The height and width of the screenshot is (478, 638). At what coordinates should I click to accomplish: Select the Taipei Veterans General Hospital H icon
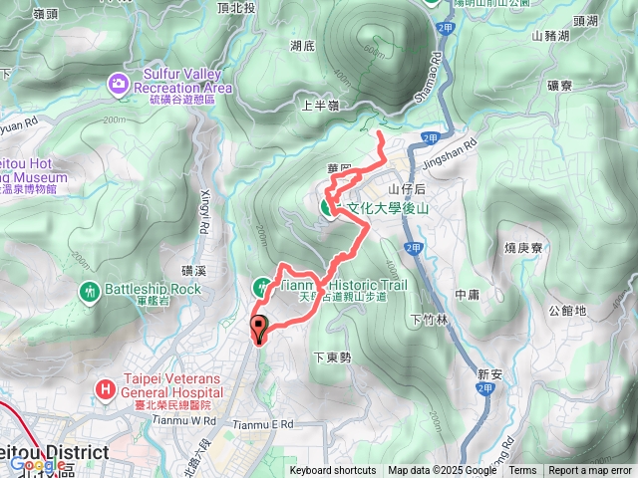104,386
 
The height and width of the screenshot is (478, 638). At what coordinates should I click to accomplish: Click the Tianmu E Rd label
265,425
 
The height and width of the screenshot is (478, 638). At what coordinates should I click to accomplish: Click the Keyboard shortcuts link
333,471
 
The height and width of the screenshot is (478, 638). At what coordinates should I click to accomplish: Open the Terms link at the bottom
522,471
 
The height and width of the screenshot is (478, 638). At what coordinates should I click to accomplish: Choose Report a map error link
591,471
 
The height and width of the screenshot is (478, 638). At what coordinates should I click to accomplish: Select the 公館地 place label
567,310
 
